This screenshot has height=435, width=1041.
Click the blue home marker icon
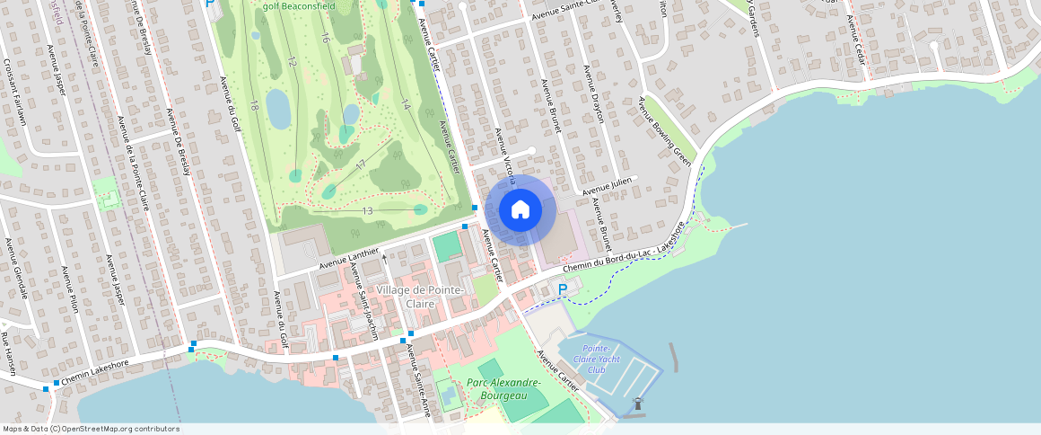tap(520, 210)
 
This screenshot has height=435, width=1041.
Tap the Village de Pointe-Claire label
tap(420, 297)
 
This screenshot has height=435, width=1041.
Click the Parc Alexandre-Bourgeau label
tap(504, 388)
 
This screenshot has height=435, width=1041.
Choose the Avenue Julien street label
tap(608, 187)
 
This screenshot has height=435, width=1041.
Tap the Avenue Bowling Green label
tap(665, 131)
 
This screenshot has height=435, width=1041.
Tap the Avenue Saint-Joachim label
tap(363, 301)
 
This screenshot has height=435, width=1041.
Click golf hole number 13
tap(367, 210)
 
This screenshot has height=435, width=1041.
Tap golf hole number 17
tap(360, 165)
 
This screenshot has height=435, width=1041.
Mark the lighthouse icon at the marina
tap(638, 404)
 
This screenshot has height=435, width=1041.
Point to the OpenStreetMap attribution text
tap(90, 429)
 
